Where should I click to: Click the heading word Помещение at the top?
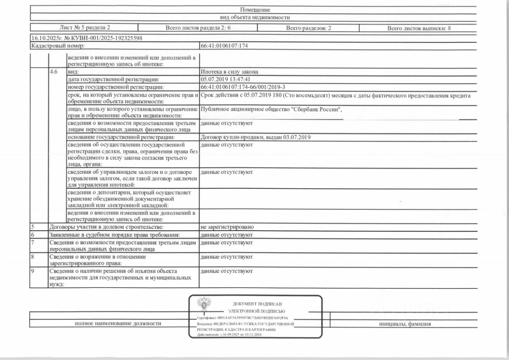click(255, 10)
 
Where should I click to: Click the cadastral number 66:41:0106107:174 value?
click(224, 46)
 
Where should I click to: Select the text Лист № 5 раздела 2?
click(84, 28)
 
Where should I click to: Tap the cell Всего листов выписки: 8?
click(419, 28)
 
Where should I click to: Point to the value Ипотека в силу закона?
click(229, 72)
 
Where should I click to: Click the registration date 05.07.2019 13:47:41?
click(225, 79)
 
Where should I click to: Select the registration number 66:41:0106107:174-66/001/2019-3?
click(243, 87)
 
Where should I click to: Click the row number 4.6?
click(54, 72)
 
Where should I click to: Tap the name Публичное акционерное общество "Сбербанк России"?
click(271, 109)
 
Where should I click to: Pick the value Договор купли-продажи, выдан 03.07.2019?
click(256, 137)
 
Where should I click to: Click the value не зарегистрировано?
click(227, 227)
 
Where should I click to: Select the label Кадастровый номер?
click(58, 46)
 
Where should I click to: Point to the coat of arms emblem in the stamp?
click(204, 304)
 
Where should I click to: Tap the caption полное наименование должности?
click(118, 323)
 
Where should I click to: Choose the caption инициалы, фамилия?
click(405, 324)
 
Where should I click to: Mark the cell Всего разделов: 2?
click(309, 28)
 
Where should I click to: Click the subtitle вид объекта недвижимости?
click(255, 17)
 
